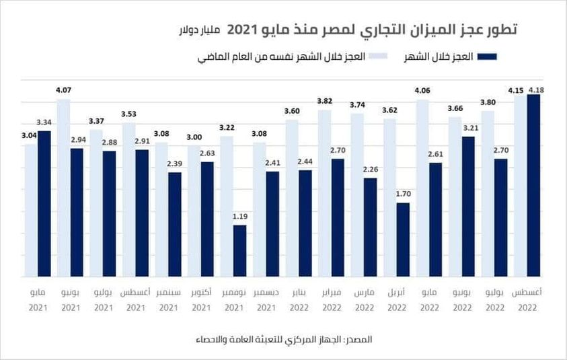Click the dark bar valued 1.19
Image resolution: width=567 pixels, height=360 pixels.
click(239, 250)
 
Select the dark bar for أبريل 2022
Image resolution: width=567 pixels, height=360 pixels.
click(403, 240)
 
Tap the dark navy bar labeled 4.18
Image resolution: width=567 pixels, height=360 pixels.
click(533, 185)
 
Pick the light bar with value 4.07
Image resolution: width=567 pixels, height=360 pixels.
click(64, 188)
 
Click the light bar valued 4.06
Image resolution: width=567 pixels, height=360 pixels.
click(422, 188)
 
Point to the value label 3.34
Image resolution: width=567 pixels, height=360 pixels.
click(44, 122)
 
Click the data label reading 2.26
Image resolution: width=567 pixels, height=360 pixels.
click(371, 170)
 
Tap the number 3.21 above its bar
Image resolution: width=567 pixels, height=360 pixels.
click(468, 127)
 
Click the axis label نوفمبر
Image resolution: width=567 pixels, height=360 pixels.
click(233, 293)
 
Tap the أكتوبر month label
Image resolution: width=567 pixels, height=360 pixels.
click(200, 293)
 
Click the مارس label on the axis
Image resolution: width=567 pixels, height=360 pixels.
click(364, 293)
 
